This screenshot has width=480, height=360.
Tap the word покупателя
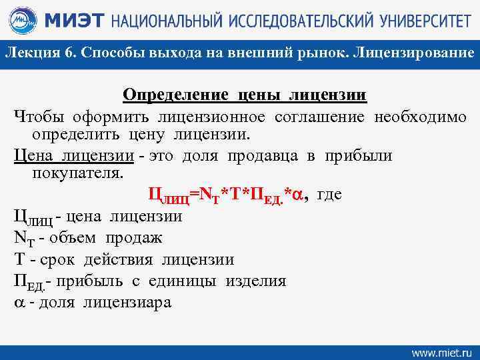coord(77,173)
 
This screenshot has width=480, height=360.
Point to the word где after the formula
coord(329,194)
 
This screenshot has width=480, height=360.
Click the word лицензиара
coord(127,302)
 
